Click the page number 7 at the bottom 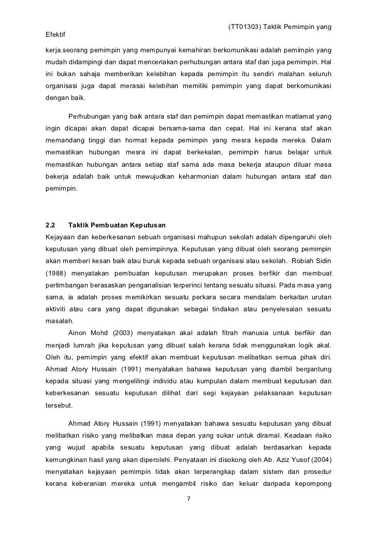click(x=189, y=500)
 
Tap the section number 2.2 click(x=51, y=226)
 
